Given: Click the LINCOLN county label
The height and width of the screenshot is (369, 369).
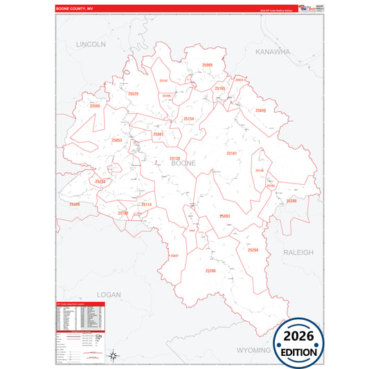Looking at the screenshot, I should pyautogui.click(x=91, y=44).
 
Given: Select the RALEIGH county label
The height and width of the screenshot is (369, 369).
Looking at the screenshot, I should pyautogui.click(x=298, y=253).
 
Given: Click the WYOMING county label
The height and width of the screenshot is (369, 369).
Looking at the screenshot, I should pyautogui.click(x=254, y=350).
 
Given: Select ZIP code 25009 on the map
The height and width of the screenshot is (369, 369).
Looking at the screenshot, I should pyautogui.click(x=207, y=65).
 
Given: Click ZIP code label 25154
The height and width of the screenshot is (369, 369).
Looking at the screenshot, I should pyautogui.click(x=189, y=119).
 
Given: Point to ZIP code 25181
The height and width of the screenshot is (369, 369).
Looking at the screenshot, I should pyautogui.click(x=231, y=153).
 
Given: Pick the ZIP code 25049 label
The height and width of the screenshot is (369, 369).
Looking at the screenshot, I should pyautogui.click(x=260, y=111).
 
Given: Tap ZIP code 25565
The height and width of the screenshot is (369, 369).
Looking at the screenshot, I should pyautogui.click(x=95, y=106).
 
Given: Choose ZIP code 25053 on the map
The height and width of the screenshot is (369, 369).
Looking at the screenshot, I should pyautogui.click(x=116, y=141).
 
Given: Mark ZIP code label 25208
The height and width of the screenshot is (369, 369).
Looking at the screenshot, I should pyautogui.click(x=210, y=271).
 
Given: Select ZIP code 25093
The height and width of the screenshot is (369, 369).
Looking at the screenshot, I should pyautogui.click(x=225, y=217).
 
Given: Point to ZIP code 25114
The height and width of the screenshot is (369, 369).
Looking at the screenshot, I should pyautogui.click(x=146, y=205).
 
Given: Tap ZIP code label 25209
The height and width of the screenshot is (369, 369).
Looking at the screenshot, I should pyautogui.click(x=291, y=201).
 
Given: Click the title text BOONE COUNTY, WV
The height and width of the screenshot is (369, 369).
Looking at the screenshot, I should pyautogui.click(x=76, y=8).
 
